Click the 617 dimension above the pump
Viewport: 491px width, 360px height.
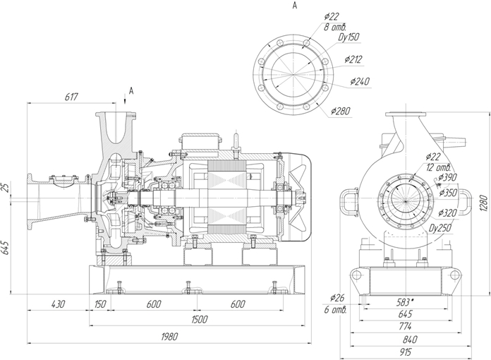pyautogui.click(x=71, y=97)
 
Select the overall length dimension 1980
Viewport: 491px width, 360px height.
pyautogui.click(x=169, y=337)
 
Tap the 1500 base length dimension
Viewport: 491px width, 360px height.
pyautogui.click(x=199, y=319)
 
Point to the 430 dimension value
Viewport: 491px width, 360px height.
pyautogui.click(x=58, y=304)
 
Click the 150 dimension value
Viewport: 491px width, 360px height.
pyautogui.click(x=100, y=304)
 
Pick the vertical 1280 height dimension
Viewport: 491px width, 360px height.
pyautogui.click(x=484, y=203)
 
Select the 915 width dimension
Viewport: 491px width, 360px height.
pyautogui.click(x=405, y=352)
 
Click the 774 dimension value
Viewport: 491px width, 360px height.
pyautogui.click(x=405, y=327)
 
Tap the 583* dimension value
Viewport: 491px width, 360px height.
pyautogui.click(x=404, y=302)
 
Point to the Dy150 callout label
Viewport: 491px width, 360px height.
pyautogui.click(x=348, y=37)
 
